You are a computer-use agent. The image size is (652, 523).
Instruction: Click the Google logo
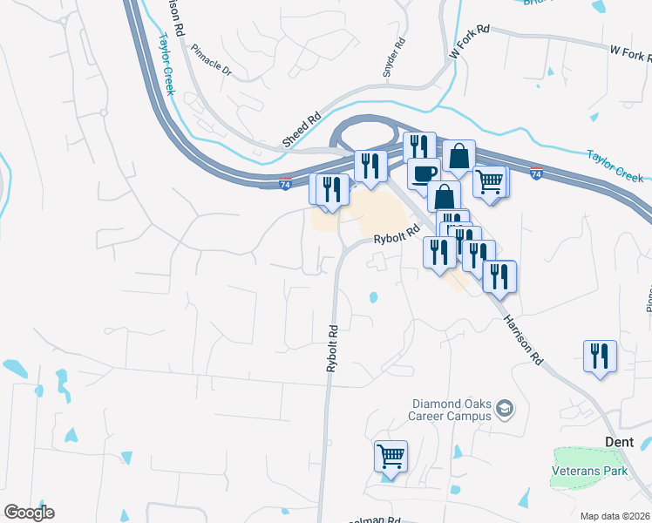[x=29, y=513]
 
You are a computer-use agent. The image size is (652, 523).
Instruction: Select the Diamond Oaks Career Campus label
[x=451, y=410]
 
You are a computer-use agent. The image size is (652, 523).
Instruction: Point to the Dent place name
[x=619, y=442]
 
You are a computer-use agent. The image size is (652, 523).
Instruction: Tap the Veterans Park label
[x=590, y=471]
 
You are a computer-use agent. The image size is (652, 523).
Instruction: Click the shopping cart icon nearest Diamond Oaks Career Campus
[x=391, y=456]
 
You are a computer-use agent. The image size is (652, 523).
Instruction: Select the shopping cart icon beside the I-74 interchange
[x=490, y=181]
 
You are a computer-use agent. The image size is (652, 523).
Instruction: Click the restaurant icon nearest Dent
[x=600, y=356]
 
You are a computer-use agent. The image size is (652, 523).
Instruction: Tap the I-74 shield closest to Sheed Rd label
[x=285, y=184]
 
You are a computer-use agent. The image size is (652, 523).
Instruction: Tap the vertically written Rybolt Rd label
[x=332, y=349]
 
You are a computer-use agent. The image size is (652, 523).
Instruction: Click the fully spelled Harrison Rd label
[x=523, y=339]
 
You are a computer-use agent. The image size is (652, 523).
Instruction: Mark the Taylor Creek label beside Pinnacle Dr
[x=166, y=65]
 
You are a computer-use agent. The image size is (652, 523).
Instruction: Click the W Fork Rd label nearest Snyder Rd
[x=470, y=42]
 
